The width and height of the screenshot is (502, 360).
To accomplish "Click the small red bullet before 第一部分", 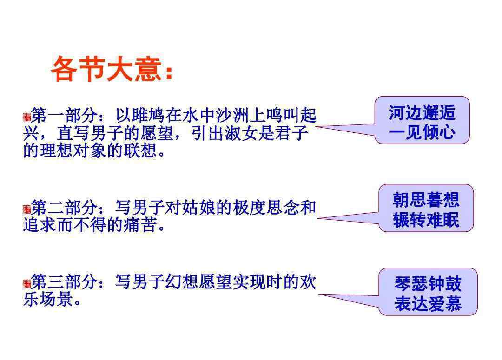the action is click(x=27, y=117).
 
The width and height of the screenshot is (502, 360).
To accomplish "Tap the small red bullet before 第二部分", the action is click(x=27, y=209).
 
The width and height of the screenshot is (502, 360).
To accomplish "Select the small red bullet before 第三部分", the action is click(x=27, y=283).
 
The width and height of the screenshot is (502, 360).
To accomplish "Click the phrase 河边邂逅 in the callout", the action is click(x=422, y=112).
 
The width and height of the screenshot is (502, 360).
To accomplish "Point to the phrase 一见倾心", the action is click(x=422, y=132).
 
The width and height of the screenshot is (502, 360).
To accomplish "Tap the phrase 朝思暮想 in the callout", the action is click(x=426, y=200).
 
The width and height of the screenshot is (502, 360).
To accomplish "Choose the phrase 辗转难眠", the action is click(x=426, y=220).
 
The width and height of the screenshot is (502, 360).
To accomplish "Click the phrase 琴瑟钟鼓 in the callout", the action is click(x=428, y=283).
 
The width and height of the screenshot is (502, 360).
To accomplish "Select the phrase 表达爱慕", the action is click(x=428, y=303).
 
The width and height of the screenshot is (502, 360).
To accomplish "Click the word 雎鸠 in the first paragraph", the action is click(x=148, y=115).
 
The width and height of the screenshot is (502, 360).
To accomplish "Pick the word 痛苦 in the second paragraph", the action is click(x=140, y=225).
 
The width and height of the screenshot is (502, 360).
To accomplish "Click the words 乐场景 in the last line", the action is click(x=48, y=300).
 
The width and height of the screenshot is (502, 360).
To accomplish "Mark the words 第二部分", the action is click(x=64, y=207).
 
